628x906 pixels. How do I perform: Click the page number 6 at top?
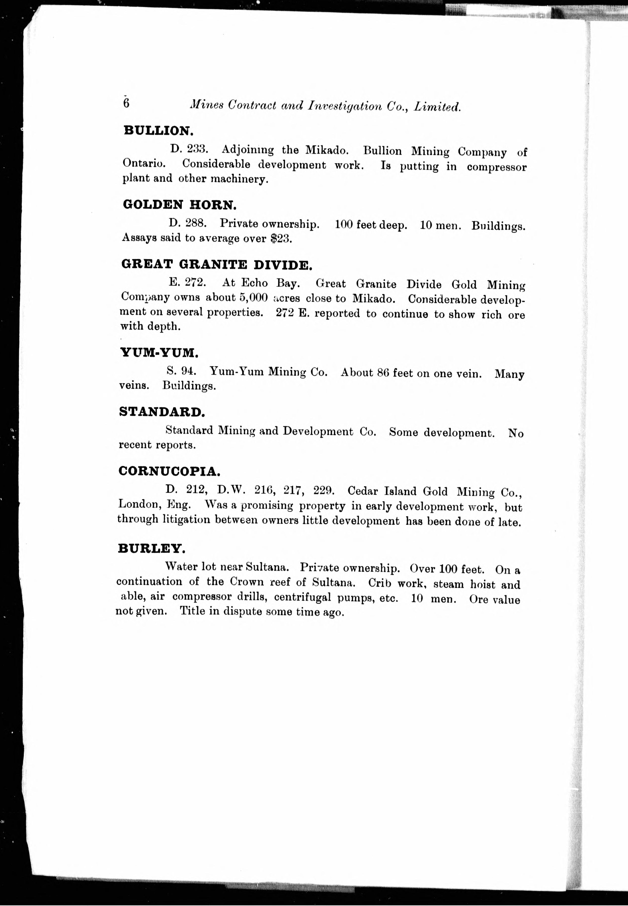tap(126, 103)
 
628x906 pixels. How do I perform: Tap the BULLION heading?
tap(159, 130)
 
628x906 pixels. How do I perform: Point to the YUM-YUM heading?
tap(159, 353)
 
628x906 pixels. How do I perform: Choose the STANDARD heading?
tap(162, 412)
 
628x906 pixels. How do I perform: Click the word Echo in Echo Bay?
tap(254, 283)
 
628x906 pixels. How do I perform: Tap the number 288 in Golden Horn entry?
tap(196, 223)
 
